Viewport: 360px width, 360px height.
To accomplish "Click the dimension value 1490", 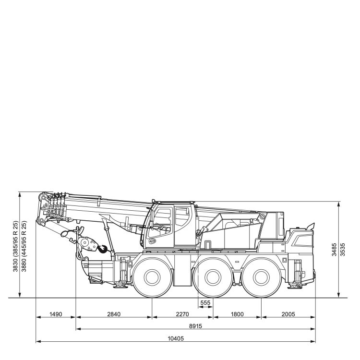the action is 56,314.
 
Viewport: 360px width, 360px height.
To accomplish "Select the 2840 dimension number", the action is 114,314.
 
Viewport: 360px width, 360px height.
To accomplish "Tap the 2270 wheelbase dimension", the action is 182,314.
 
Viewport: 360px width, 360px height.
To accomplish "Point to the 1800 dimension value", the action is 237,314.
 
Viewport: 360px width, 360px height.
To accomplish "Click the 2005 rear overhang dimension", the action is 288,314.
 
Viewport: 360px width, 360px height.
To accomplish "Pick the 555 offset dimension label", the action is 205,303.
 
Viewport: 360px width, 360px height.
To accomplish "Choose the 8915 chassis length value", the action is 196,326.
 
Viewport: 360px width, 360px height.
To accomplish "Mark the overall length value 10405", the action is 176,338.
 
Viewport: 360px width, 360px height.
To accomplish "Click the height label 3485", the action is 334,250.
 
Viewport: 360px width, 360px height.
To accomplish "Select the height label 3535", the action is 342,250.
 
